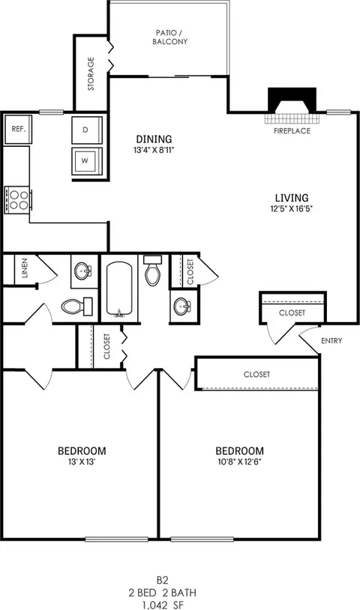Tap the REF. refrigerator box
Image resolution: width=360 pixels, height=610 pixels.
click(18, 129)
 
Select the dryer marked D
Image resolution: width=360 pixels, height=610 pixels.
click(85, 130)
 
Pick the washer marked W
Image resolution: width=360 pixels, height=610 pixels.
click(85, 160)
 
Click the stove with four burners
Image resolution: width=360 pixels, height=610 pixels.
click(18, 199)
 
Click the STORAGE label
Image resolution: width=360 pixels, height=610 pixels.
click(91, 73)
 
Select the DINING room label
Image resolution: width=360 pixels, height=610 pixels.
click(154, 139)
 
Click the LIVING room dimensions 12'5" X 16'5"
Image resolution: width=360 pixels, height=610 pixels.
click(292, 209)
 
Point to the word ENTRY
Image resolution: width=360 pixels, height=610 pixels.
click(331, 341)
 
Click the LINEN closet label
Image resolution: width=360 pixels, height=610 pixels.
click(25, 268)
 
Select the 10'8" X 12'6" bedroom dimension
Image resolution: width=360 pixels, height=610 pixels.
click(239, 462)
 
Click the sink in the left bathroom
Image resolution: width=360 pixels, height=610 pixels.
click(82, 271)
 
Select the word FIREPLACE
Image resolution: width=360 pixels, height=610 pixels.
click(292, 130)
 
